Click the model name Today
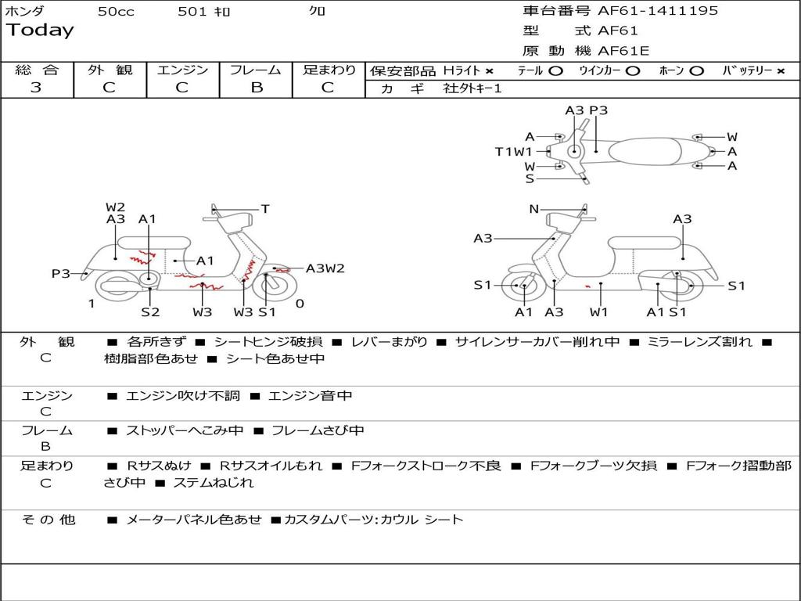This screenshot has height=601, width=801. point(40,31)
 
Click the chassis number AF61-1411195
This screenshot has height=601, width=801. point(658,11)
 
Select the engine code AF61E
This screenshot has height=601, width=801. point(623,52)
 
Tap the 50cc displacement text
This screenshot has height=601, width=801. point(116,12)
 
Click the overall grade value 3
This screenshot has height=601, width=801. point(36,88)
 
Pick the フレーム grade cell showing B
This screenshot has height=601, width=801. point(256,88)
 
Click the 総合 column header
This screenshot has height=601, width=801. point(37,70)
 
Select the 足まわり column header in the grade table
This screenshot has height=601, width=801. point(329,70)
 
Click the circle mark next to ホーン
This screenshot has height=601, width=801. point(696,71)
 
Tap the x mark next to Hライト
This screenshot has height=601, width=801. point(489,71)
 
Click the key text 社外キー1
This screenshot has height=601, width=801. point(472,88)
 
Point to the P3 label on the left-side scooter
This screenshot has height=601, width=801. point(61,273)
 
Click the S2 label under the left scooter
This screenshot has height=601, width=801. point(150,312)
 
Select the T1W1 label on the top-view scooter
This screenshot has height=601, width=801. point(513,152)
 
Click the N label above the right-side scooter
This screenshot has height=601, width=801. point(534,209)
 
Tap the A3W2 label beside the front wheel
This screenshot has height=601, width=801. point(325,268)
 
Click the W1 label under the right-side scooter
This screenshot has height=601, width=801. point(599,312)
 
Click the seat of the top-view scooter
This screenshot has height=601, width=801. point(654,150)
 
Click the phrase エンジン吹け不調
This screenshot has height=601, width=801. point(183,396)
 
